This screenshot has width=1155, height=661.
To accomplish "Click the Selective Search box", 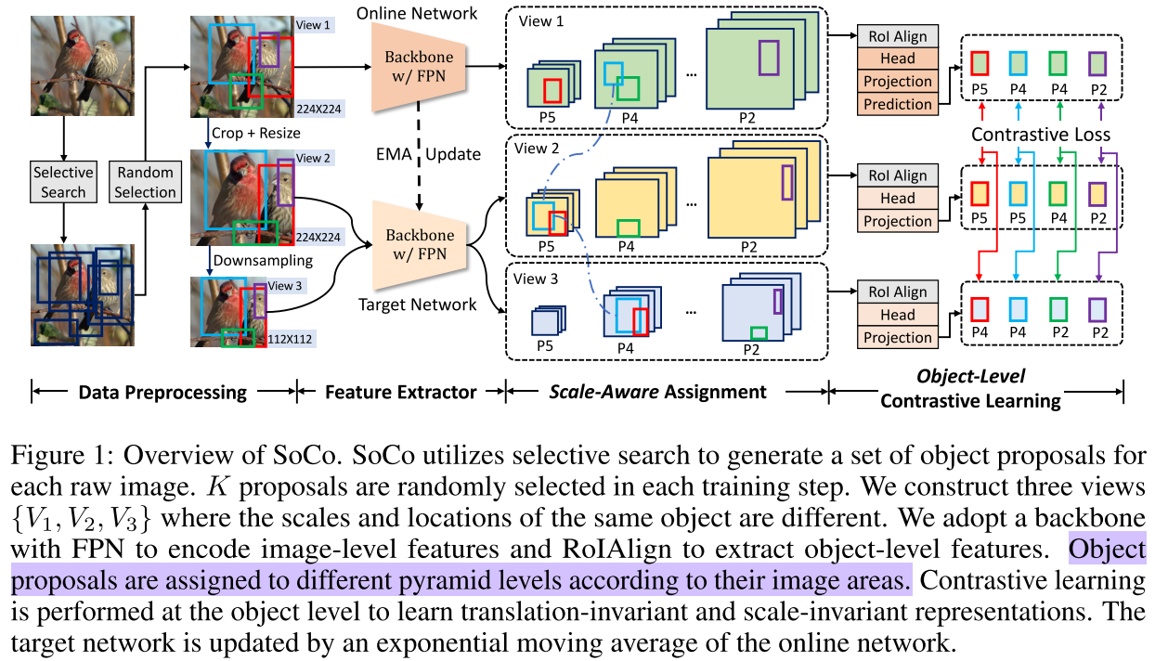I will [63, 182].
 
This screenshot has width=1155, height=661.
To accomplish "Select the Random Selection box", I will [145, 182].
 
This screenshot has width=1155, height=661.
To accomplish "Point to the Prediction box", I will [897, 105].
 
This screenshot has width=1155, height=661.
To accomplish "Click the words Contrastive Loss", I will [1041, 135].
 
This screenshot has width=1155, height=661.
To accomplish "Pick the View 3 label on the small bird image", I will [286, 286].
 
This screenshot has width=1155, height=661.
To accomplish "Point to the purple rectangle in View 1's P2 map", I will [769, 58].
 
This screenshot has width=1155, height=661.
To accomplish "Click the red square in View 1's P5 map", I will [552, 90].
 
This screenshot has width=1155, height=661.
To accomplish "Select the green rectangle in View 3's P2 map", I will [759, 333].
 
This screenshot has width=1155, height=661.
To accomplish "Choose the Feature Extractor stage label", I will [401, 392].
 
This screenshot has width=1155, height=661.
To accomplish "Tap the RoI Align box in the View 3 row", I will [897, 292].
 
